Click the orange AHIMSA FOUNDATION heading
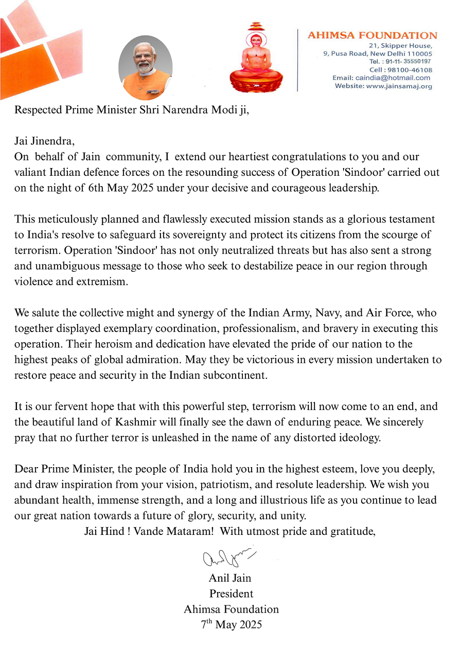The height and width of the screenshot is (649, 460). pos(372,35)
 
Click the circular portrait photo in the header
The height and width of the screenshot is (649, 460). pos(145,67)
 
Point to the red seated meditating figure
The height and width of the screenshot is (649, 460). pos(256,59)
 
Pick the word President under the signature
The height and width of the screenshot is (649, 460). pos(231,594)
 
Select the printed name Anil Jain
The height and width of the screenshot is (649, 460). pos(230,578)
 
